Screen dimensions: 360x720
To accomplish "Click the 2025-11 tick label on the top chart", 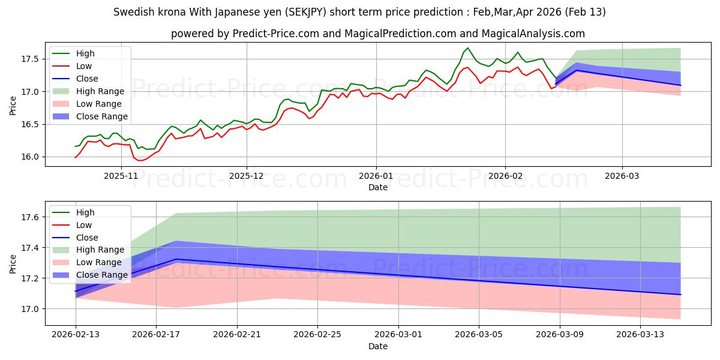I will (121, 176).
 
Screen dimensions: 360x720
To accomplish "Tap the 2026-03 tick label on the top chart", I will (622, 176).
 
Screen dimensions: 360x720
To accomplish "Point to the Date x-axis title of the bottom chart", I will (378, 346).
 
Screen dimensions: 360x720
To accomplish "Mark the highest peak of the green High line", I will (467, 48).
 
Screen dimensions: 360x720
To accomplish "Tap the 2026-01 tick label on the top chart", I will (376, 176).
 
